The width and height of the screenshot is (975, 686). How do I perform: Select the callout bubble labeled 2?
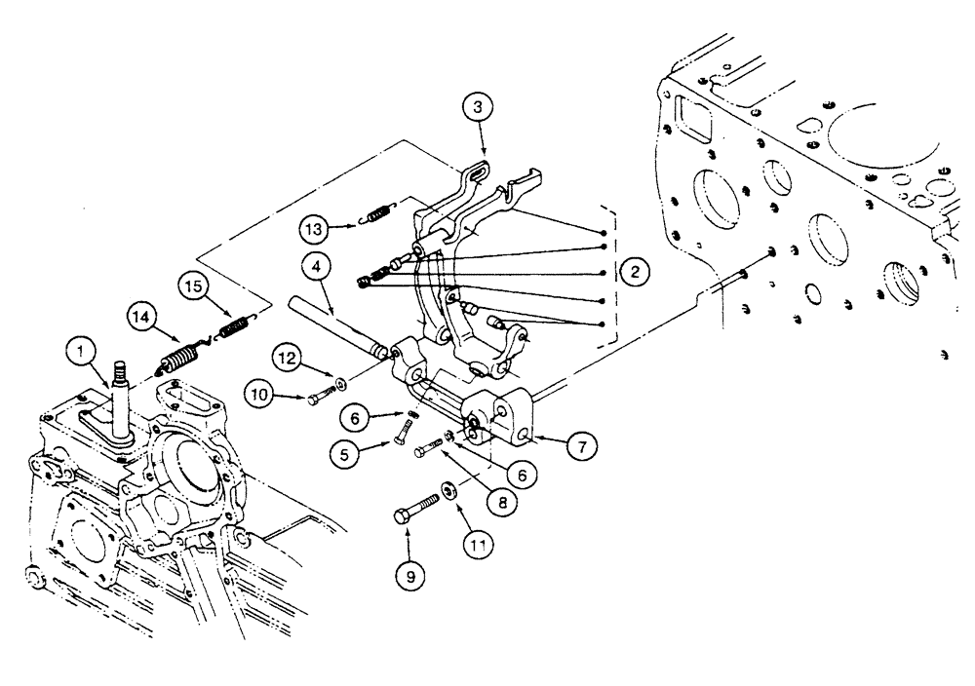point(635,273)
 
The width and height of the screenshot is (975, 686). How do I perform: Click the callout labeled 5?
point(370,452)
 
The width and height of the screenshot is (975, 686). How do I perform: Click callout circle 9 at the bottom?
point(409,575)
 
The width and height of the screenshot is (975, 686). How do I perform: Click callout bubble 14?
point(143,317)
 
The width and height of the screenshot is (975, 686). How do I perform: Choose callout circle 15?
point(195,289)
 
